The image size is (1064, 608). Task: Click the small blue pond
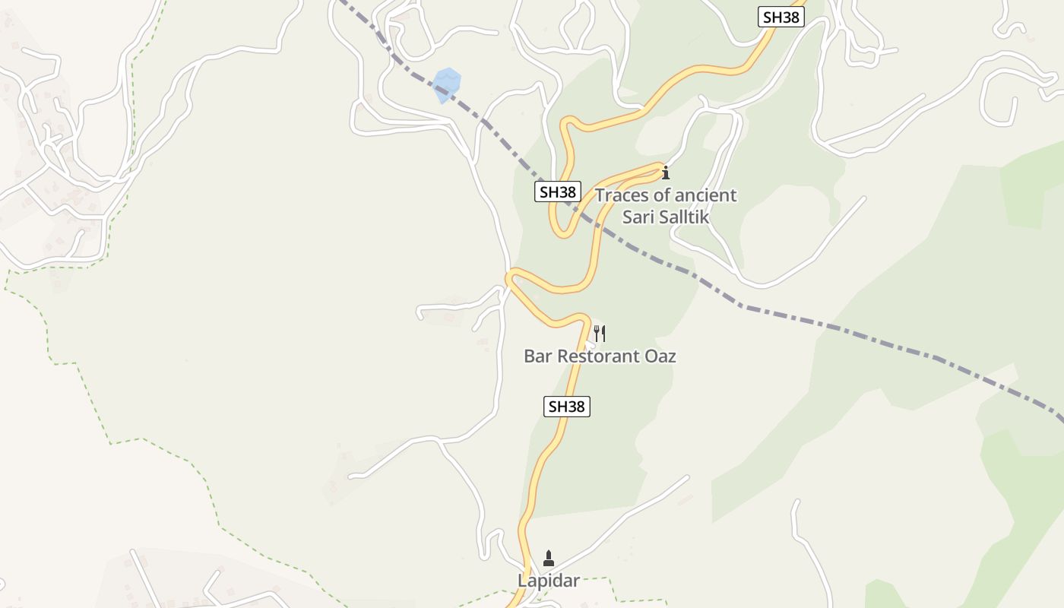click(447, 84)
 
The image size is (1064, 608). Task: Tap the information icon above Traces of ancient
click(666, 173)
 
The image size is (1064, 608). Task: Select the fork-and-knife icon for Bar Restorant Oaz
click(600, 333)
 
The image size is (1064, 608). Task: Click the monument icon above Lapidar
click(549, 559)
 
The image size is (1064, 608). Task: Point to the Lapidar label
click(549, 581)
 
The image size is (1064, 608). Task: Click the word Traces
click(621, 195)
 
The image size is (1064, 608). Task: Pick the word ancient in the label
click(708, 195)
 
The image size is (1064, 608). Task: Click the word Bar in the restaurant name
click(538, 356)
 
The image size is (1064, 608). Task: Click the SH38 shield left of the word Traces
click(558, 192)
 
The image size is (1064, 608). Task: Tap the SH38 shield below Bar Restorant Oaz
click(567, 407)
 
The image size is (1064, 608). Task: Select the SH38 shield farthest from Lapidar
click(781, 17)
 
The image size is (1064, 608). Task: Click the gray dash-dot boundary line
click(836, 328)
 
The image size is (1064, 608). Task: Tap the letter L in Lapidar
click(523, 581)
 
